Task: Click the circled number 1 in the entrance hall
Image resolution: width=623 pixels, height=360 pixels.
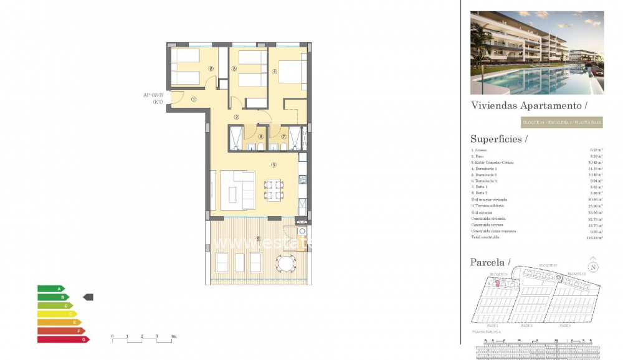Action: (x=194, y=98)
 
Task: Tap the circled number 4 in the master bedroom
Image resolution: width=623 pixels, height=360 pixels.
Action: (x=274, y=71)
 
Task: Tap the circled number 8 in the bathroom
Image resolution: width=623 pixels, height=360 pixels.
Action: (x=260, y=136)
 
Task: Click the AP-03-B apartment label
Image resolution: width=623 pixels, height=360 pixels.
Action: (x=153, y=95)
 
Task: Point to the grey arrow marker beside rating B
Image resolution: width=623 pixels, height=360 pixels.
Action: (x=88, y=297)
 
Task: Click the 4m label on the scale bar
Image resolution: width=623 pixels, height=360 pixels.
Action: (x=174, y=336)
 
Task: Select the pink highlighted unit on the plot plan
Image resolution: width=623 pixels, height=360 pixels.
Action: (x=497, y=283)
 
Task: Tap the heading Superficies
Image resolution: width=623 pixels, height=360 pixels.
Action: (x=499, y=140)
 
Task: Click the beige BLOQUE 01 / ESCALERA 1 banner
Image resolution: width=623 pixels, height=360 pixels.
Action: (x=561, y=123)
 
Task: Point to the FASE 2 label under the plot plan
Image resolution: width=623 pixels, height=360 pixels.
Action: (x=526, y=326)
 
